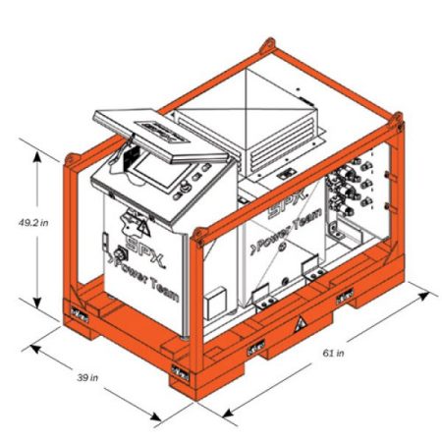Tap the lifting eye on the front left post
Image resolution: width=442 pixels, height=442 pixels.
pyautogui.click(x=72, y=155)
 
